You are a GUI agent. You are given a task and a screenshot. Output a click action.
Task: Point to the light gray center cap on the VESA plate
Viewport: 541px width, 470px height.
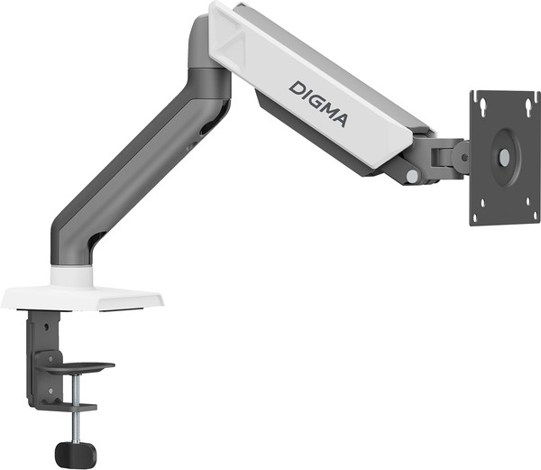coord(503,157)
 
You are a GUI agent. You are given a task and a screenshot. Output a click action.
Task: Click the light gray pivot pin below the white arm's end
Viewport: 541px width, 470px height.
coord(411,177)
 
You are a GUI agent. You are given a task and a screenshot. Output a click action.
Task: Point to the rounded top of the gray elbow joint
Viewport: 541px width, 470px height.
coord(200,31)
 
